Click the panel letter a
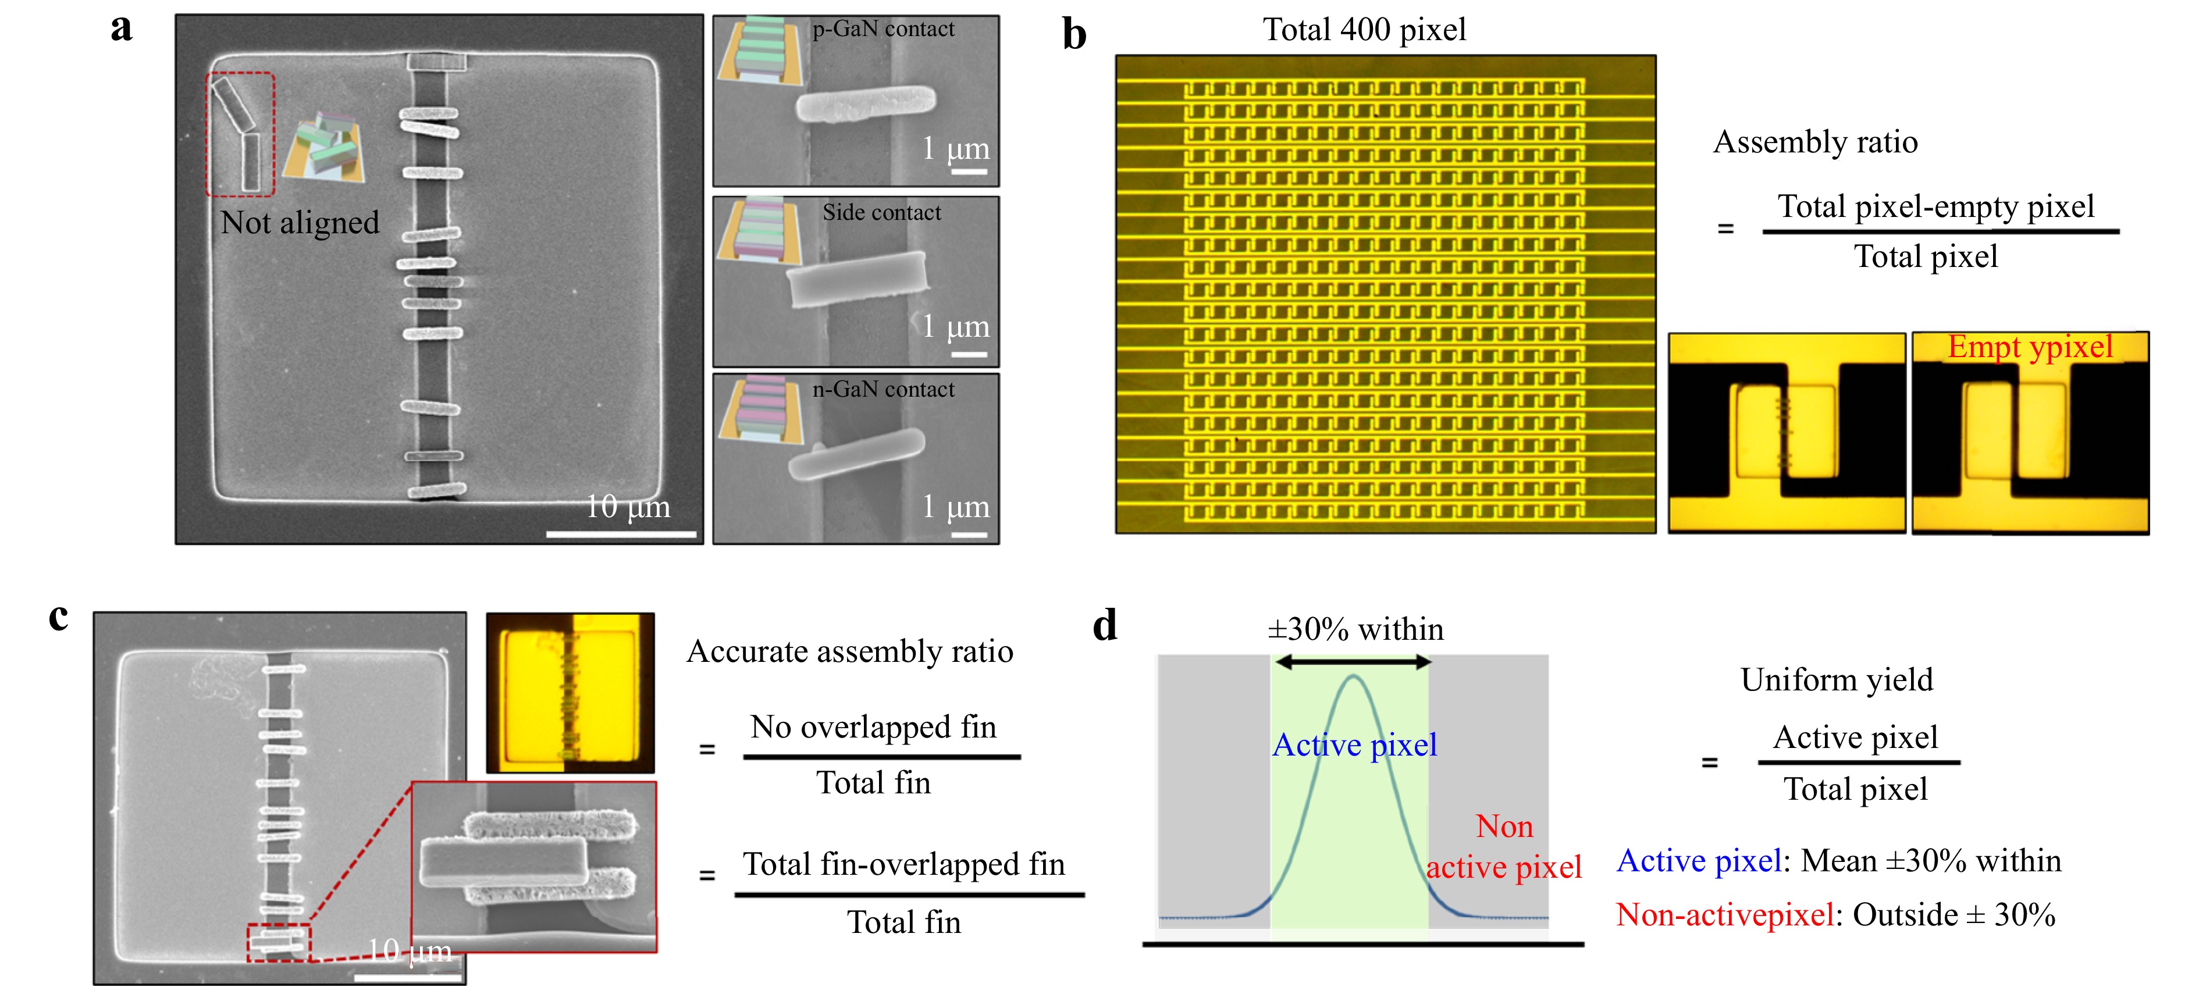122,27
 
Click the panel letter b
1074,36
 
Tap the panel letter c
58,617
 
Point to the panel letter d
1105,626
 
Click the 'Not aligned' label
300,223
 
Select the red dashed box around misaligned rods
240,134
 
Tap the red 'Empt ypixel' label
2029,347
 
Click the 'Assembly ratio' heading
1815,142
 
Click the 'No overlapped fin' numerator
873,727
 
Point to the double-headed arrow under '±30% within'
1352,661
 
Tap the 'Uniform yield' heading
1836,679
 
